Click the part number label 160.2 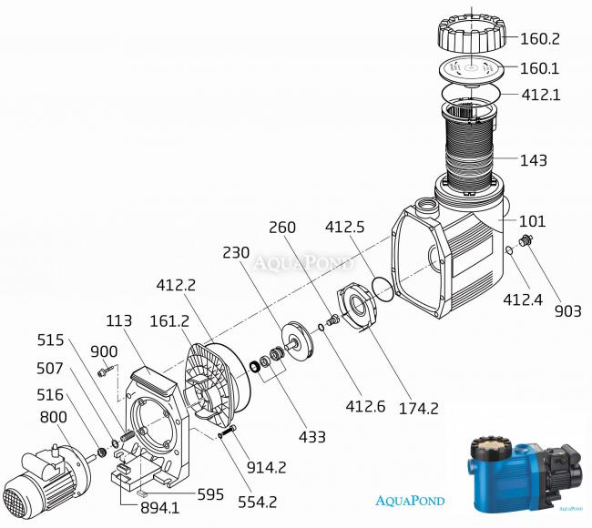540,38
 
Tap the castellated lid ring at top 472,33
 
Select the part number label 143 533,160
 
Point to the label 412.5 344,227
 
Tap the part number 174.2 419,409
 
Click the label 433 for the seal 311,437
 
